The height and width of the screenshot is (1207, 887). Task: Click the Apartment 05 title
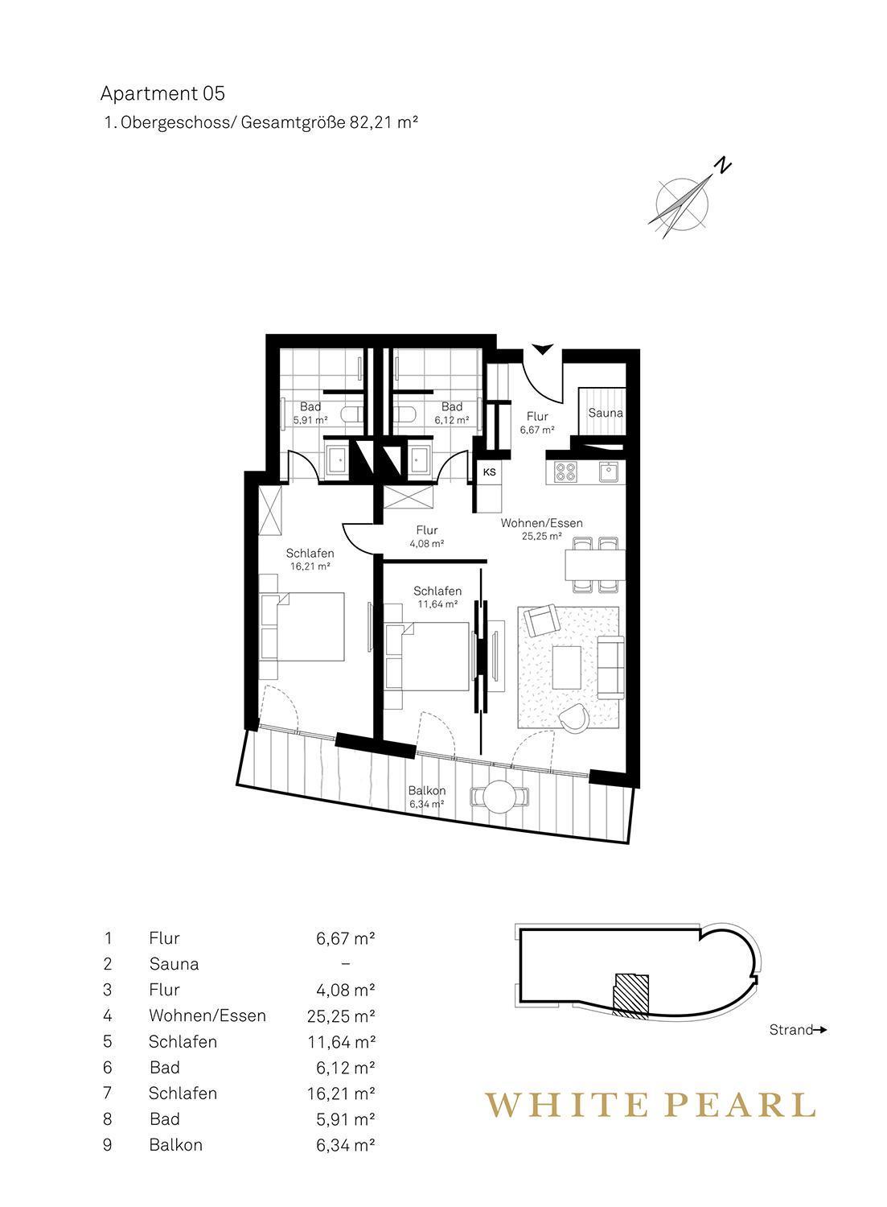pyautogui.click(x=162, y=94)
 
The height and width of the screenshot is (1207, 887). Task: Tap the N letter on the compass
pyautogui.click(x=723, y=164)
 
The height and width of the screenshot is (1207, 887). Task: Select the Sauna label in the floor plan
pyautogui.click(x=606, y=413)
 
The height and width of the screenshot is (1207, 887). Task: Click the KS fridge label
pyautogui.click(x=490, y=472)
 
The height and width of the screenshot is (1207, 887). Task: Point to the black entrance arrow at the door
pyautogui.click(x=543, y=348)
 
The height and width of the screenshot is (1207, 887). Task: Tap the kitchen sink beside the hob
pyautogui.click(x=610, y=472)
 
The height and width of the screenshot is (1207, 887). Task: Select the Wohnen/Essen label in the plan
pyautogui.click(x=541, y=523)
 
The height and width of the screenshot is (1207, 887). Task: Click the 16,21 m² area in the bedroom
pyautogui.click(x=310, y=566)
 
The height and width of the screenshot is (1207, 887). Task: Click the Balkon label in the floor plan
pyautogui.click(x=426, y=790)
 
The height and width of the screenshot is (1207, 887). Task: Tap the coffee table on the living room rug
pyautogui.click(x=567, y=666)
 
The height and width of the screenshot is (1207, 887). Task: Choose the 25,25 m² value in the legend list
pyautogui.click(x=341, y=1015)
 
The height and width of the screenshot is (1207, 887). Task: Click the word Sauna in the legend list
pyautogui.click(x=174, y=964)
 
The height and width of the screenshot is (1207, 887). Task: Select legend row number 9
pyautogui.click(x=108, y=1145)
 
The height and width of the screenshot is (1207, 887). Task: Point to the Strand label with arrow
pyautogui.click(x=798, y=1030)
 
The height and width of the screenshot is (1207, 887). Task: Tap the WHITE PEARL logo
pyautogui.click(x=651, y=1105)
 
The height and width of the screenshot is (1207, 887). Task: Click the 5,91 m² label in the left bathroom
pyautogui.click(x=310, y=420)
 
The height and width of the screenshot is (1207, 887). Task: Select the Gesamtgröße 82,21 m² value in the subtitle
pyautogui.click(x=330, y=123)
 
